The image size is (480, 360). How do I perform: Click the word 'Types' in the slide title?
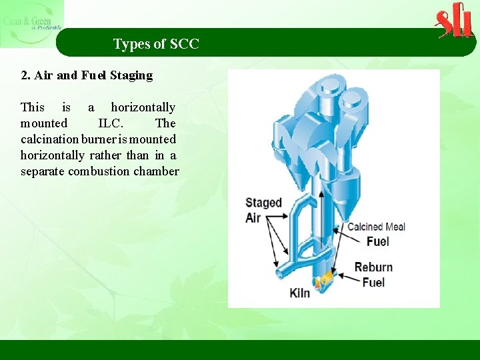coord(131,45)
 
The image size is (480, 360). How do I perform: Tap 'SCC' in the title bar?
coord(185,45)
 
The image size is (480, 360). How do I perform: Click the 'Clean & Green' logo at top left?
coord(31,23)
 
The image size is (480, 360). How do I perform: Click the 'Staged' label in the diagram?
coord(263,203)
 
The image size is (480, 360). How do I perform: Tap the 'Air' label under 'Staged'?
coord(253,217)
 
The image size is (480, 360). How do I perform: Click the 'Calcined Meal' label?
coord(376,227)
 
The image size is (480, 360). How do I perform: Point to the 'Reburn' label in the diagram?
coord(373,267)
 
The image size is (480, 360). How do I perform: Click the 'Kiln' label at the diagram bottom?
coord(300,293)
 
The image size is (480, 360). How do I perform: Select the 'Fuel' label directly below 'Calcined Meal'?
coord(378,241)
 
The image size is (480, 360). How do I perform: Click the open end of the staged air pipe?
coord(279,273)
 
